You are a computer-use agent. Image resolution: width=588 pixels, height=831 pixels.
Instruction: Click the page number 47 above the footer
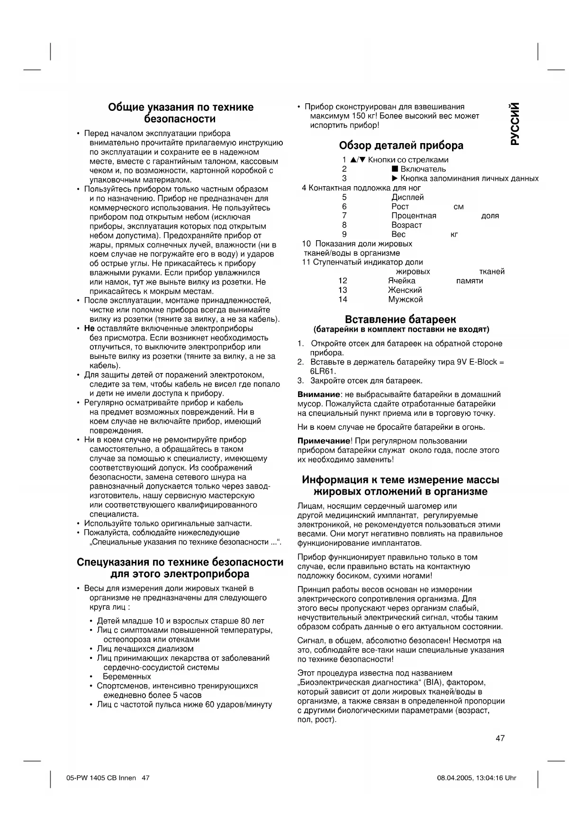point(500,738)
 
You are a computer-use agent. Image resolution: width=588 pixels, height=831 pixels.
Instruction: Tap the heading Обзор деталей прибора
point(401,145)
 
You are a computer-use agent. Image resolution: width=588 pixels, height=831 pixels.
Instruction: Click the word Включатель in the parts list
point(423,169)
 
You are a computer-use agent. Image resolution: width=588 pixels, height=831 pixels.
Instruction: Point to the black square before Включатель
point(394,169)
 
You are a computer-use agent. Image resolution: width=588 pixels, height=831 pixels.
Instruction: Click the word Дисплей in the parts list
point(407,197)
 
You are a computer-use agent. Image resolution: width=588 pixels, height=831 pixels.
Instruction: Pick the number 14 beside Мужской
point(343,299)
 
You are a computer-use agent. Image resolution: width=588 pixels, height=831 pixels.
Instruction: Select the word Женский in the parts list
point(405,290)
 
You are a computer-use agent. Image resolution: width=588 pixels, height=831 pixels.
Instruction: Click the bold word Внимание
point(318,395)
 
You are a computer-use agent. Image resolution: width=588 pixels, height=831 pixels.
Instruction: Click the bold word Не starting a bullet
point(89,328)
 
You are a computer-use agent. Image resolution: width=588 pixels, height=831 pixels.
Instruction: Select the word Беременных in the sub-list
point(127,677)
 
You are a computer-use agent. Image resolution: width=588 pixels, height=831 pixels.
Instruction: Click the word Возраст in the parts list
point(406,225)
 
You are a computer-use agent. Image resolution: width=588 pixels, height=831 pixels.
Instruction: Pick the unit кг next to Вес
point(454,235)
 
